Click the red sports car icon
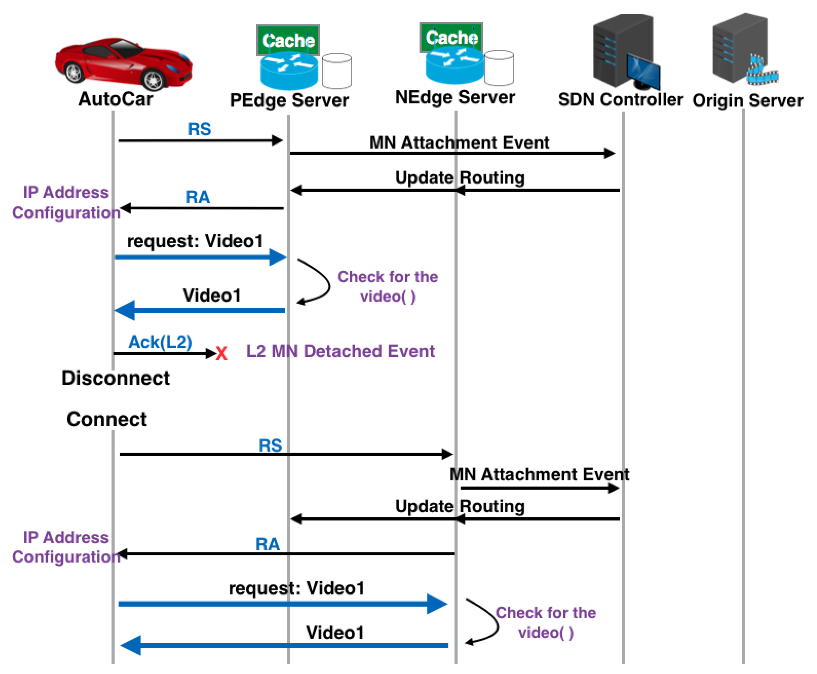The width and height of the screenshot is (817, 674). point(124,63)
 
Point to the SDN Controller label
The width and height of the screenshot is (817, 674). point(620,100)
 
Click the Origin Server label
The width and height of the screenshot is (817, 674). point(747,100)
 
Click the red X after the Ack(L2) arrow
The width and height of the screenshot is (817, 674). point(221,354)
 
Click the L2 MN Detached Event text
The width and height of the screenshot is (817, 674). point(340,351)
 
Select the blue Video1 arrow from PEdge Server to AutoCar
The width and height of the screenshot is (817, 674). point(200,310)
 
